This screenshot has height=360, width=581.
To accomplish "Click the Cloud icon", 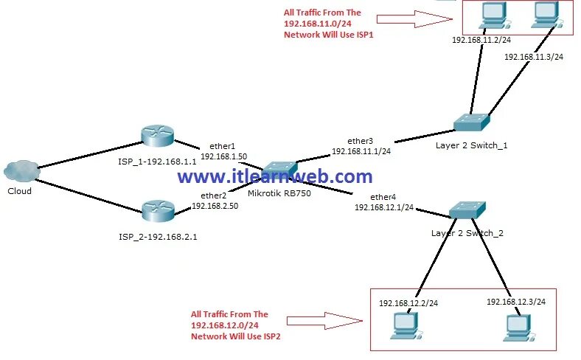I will [x=21, y=171].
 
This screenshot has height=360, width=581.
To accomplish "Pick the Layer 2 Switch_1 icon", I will [x=471, y=122].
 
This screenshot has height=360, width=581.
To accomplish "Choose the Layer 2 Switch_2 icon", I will [x=467, y=210].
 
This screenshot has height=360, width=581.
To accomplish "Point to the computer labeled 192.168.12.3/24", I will [x=518, y=326].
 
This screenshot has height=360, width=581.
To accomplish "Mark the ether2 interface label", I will [x=213, y=195].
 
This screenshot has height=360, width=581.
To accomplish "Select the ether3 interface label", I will [x=361, y=141].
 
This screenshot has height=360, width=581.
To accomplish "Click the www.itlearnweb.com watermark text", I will [x=275, y=177].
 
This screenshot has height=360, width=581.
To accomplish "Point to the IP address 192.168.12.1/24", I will [x=384, y=208].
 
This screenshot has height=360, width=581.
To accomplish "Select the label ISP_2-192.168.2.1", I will [x=157, y=238].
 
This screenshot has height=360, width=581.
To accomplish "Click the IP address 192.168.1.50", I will [x=223, y=156].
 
